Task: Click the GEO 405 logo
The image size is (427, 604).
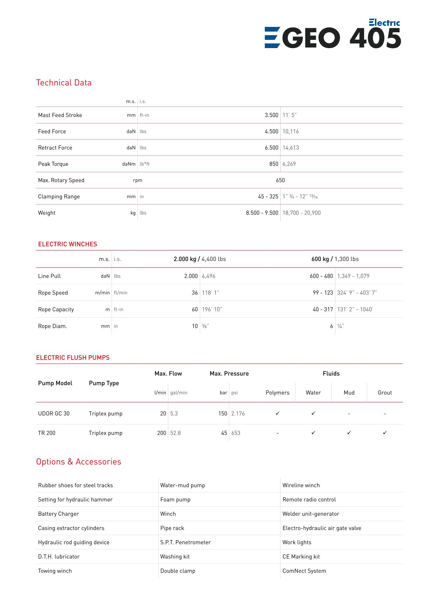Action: pyautogui.click(x=333, y=34)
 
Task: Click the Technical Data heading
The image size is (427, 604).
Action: pyautogui.click(x=64, y=83)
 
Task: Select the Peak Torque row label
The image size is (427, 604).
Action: pyautogui.click(x=53, y=164)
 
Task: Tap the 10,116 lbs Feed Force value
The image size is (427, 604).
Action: pyautogui.click(x=291, y=131)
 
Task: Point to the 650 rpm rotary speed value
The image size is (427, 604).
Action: pyautogui.click(x=280, y=180)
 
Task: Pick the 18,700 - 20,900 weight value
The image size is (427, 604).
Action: pyautogui.click(x=301, y=213)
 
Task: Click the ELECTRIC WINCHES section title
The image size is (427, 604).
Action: pyautogui.click(x=67, y=244)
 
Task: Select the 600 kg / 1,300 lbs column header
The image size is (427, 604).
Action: pyautogui.click(x=335, y=259)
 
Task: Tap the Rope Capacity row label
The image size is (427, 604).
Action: pyautogui.click(x=56, y=309)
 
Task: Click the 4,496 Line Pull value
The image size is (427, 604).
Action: pyautogui.click(x=208, y=276)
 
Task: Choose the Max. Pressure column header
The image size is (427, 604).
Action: pyautogui.click(x=229, y=374)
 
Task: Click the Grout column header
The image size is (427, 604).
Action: pyautogui.click(x=385, y=393)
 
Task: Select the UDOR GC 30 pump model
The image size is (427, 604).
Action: pyautogui.click(x=54, y=413)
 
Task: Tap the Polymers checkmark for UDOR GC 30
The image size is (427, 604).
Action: pyautogui.click(x=277, y=413)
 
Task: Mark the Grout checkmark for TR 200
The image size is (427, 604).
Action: pyautogui.click(x=385, y=433)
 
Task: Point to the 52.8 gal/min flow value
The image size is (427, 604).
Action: pyautogui.click(x=175, y=433)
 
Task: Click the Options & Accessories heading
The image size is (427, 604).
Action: pyautogui.click(x=79, y=462)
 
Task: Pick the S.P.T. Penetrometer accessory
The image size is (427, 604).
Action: pyautogui.click(x=186, y=542)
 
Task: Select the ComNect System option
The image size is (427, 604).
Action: pyautogui.click(x=304, y=571)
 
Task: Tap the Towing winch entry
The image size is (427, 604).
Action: pyautogui.click(x=55, y=571)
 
